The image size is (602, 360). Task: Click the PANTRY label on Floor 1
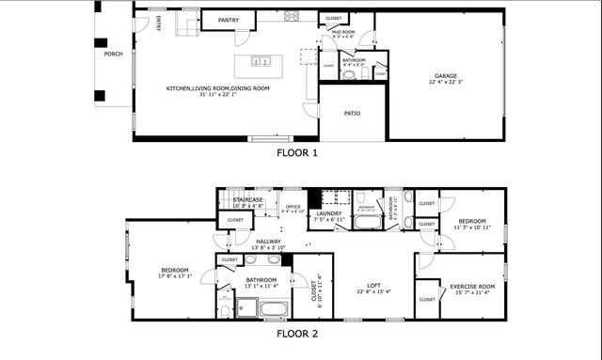pyautogui.click(x=228, y=20)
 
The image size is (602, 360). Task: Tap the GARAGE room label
pyautogui.click(x=445, y=76)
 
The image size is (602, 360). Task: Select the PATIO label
pyautogui.click(x=352, y=114)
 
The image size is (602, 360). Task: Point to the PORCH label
pyautogui.click(x=113, y=54)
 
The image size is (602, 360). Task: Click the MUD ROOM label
pyautogui.click(x=342, y=32)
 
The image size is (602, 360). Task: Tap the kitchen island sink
pyautogui.click(x=261, y=62)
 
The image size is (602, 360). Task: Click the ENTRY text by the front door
pyautogui.click(x=158, y=22)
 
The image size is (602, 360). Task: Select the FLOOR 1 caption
pyautogui.click(x=297, y=151)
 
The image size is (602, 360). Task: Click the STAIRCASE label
pyautogui.click(x=248, y=199)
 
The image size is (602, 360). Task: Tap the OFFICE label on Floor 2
pyautogui.click(x=293, y=206)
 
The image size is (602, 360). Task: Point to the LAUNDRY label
pyautogui.click(x=328, y=213)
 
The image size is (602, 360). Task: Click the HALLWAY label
pyautogui.click(x=268, y=242)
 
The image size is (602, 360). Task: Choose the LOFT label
pyautogui.click(x=373, y=285)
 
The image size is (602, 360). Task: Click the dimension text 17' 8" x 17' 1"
pyautogui.click(x=175, y=276)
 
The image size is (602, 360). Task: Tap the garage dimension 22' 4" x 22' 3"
pyautogui.click(x=445, y=83)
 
